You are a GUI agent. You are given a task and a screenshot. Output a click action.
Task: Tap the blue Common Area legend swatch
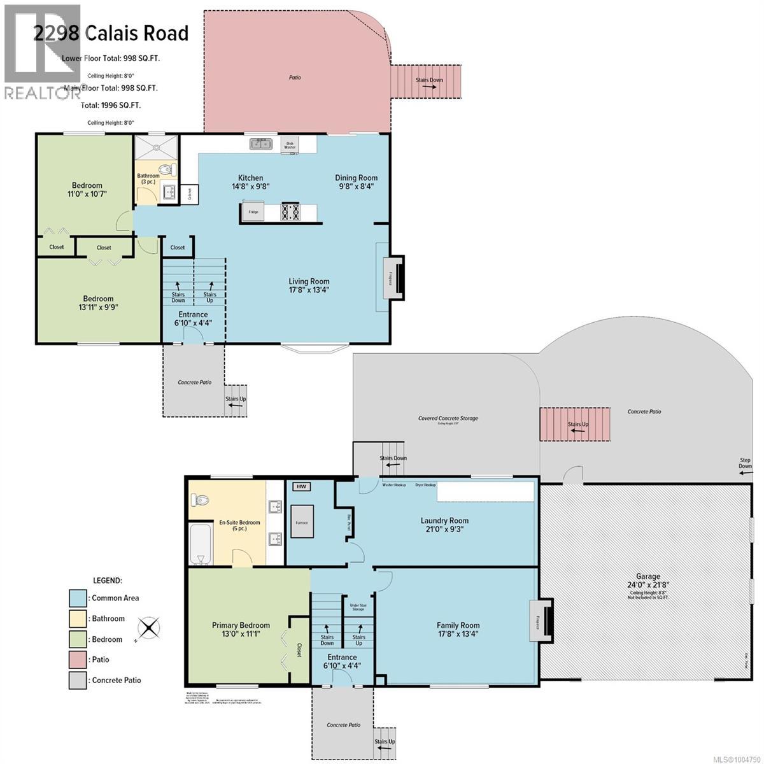(78, 598)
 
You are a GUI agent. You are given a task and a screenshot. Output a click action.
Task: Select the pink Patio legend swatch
(78, 660)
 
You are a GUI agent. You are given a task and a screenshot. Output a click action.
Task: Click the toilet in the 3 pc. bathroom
(167, 170)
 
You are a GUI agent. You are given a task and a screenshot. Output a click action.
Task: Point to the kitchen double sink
(260, 145)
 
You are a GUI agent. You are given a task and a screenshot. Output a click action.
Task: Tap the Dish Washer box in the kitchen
(290, 145)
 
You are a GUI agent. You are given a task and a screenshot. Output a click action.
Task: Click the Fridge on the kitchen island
(254, 212)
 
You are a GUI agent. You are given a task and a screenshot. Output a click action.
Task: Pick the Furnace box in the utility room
(302, 522)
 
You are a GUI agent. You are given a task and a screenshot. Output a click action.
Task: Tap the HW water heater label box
(301, 486)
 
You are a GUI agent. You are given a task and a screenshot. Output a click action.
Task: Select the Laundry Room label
(444, 520)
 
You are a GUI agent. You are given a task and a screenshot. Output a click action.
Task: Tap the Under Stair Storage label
(358, 607)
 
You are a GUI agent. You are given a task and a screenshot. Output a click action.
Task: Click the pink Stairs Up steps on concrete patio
(575, 424)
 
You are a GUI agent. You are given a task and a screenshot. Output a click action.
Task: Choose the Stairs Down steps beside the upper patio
(425, 80)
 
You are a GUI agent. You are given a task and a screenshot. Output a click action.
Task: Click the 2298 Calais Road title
(111, 33)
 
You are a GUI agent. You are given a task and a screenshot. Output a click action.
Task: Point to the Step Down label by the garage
(744, 463)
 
